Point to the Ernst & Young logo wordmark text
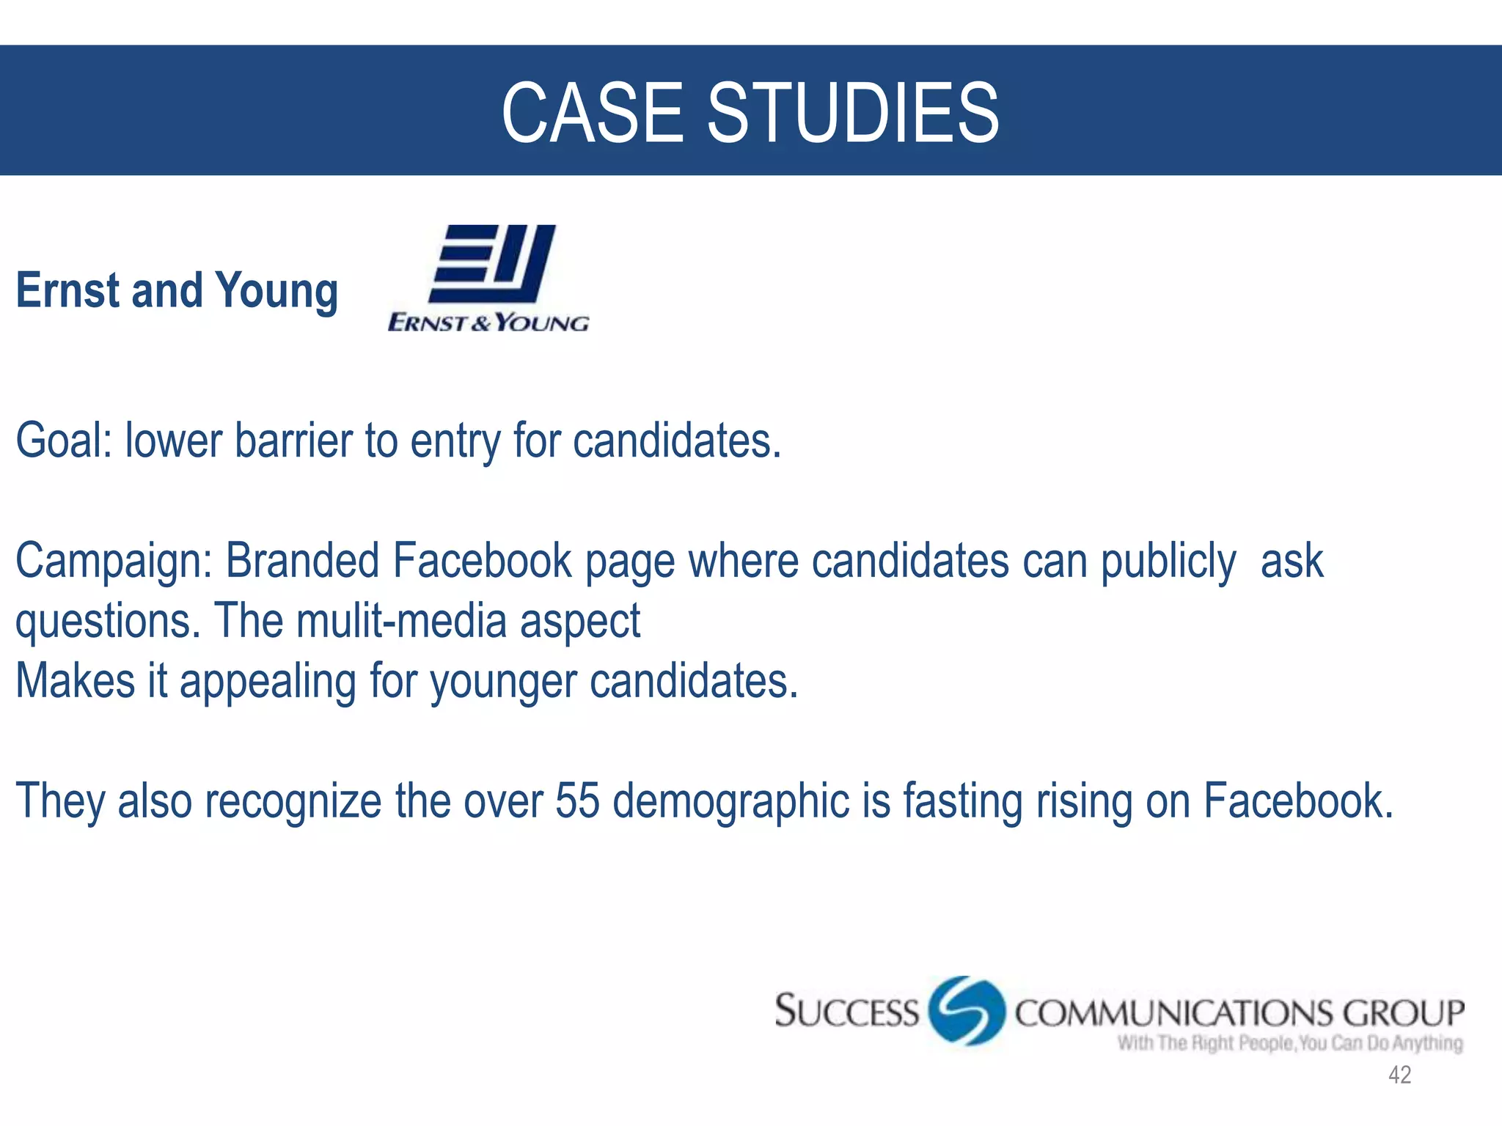[488, 323]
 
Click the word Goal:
[64, 441]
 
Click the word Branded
[302, 561]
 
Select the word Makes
[75, 680]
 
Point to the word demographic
[730, 801]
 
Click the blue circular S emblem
[966, 1010]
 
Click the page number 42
[1399, 1075]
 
